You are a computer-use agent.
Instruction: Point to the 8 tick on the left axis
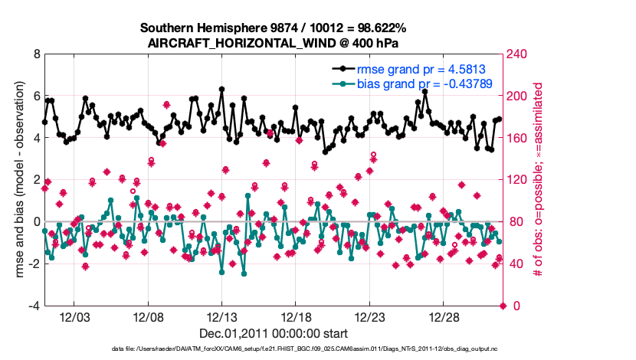[x=36, y=54]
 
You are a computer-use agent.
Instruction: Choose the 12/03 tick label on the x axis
[x=74, y=317]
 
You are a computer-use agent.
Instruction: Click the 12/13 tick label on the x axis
[x=221, y=317]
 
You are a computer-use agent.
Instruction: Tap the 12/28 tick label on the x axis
[x=444, y=317]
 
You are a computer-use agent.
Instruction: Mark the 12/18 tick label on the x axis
[x=296, y=317]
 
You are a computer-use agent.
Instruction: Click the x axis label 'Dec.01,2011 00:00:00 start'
[x=273, y=333]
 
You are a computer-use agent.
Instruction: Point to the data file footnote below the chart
[x=273, y=349]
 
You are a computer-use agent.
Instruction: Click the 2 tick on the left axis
[x=36, y=180]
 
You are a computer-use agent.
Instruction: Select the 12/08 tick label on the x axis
[x=148, y=317]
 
